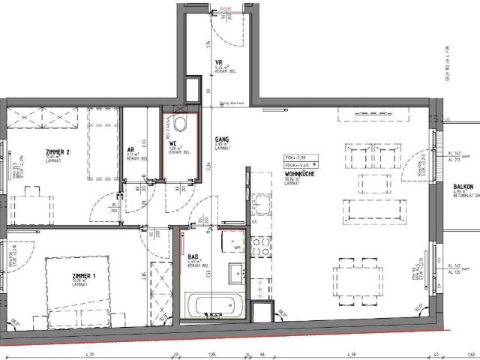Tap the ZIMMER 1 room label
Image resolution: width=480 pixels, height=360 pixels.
click(74, 256)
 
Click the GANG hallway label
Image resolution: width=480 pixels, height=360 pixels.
click(222, 139)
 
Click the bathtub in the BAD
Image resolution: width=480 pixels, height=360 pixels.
click(214, 305)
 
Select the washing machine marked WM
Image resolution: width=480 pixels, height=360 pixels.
click(235, 246)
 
